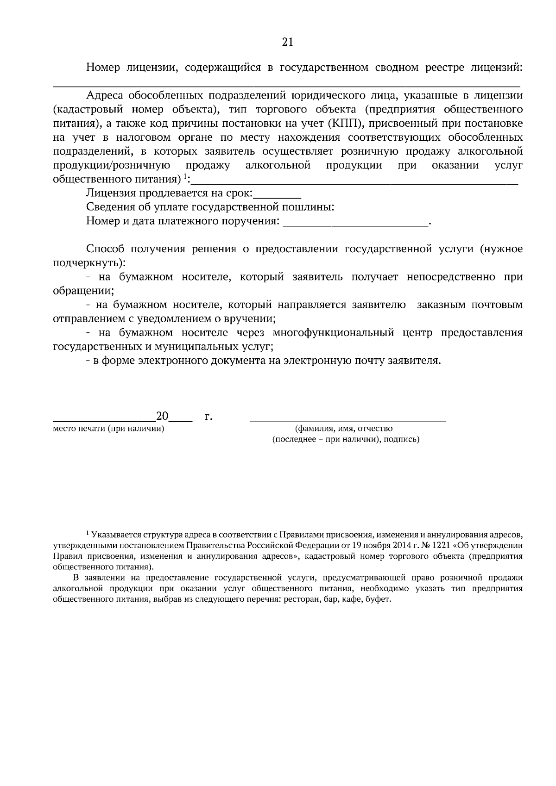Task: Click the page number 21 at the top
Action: click(287, 42)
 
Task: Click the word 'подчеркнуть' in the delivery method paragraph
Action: click(87, 263)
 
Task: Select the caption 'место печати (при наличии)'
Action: click(109, 429)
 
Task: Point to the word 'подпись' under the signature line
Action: click(402, 439)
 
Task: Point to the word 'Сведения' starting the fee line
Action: click(107, 207)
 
